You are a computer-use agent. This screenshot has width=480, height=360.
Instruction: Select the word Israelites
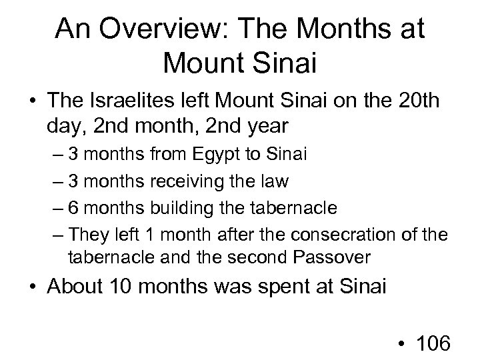point(125,104)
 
